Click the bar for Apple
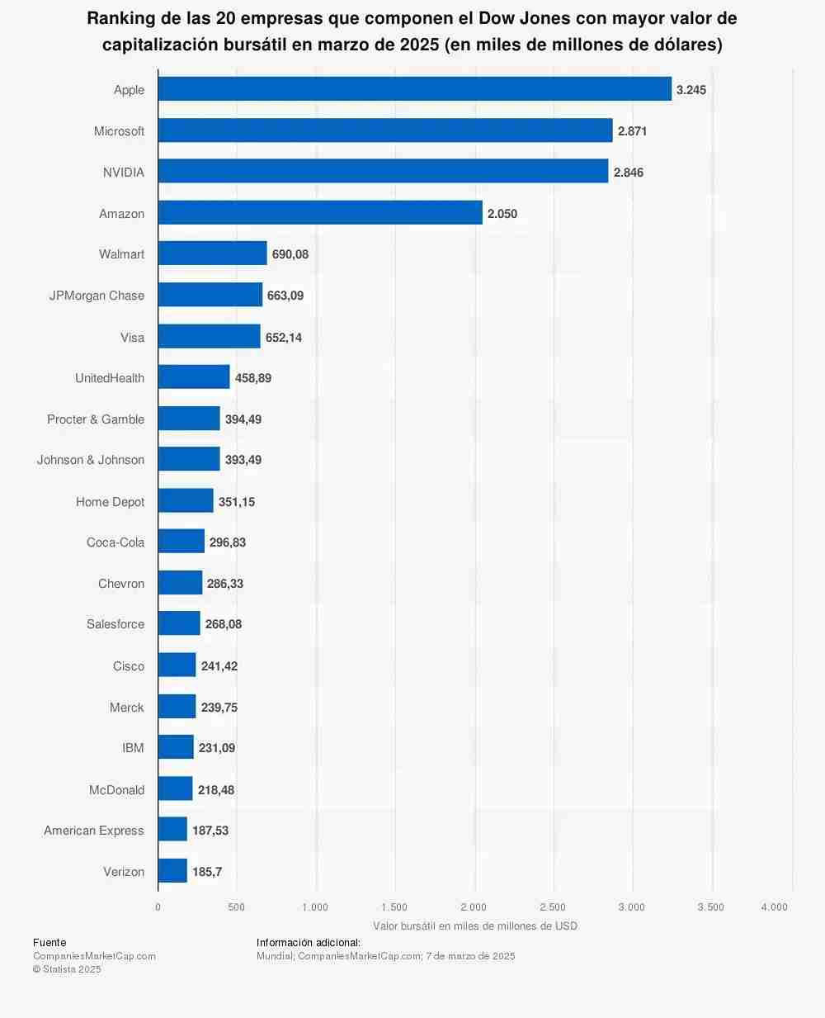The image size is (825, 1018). pos(415,89)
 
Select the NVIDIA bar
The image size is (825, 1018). pos(383,172)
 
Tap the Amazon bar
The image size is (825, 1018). pos(320,213)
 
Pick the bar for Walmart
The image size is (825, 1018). pos(212,253)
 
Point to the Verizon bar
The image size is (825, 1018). pos(172,871)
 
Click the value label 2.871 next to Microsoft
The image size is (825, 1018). pos(632,131)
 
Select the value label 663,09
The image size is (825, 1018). pos(285,296)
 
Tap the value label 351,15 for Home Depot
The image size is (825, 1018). pos(237,502)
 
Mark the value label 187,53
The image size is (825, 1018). pos(210,831)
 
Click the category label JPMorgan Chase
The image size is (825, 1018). pos(97,296)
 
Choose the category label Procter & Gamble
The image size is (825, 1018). pos(96,419)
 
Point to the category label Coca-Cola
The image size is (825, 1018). pos(115,542)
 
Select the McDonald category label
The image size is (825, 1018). pos(116,790)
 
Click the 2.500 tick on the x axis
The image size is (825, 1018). pos(553,907)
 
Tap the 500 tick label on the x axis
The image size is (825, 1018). pos(237,907)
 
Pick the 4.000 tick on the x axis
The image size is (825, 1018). pos(775,907)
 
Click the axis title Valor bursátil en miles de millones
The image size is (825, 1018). pos(474,926)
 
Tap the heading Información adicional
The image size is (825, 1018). pos(309,942)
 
